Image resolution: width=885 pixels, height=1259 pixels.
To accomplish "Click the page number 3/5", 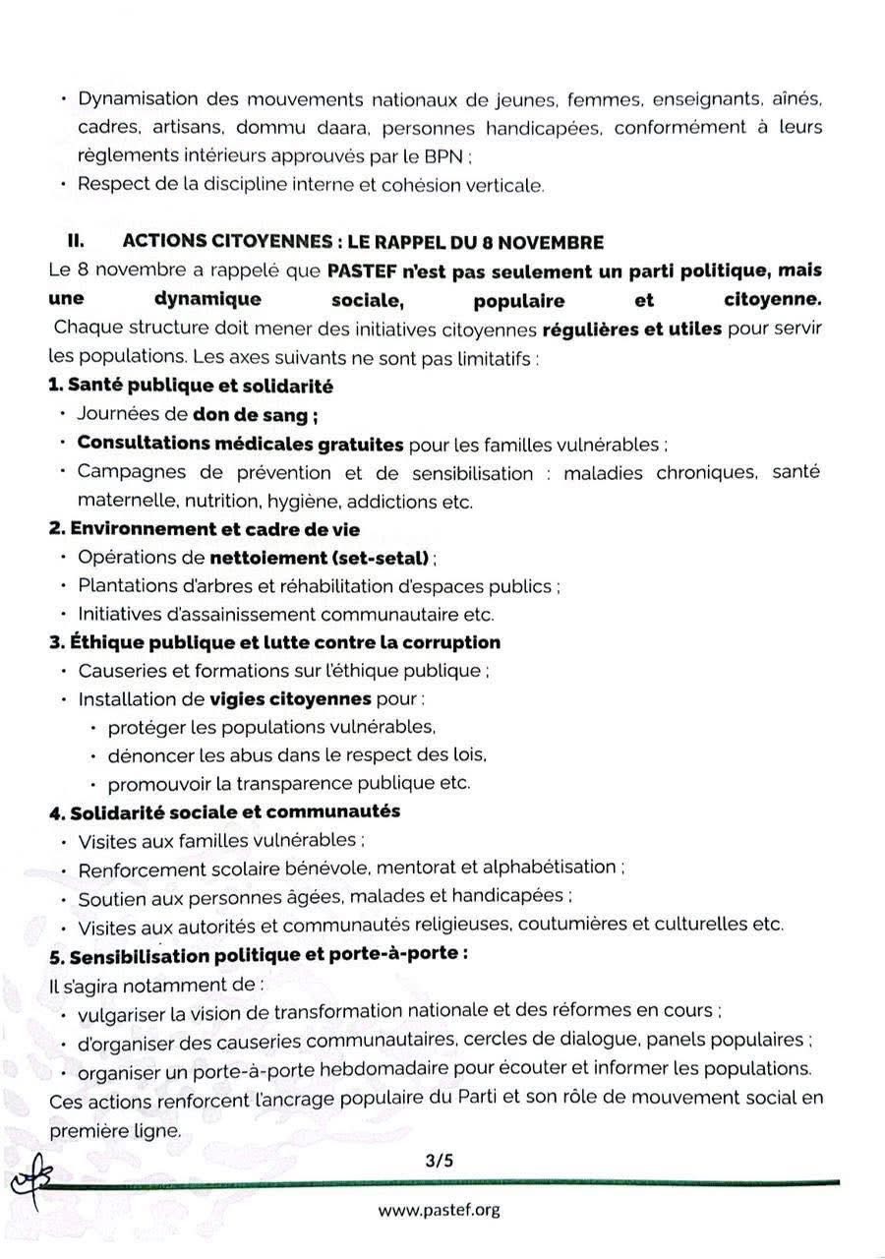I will (440, 1161).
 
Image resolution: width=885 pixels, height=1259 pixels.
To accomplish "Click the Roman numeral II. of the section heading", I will (76, 242).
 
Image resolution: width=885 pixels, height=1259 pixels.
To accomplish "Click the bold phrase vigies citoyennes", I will (291, 699).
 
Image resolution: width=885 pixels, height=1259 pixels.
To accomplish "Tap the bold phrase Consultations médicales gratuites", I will (241, 445).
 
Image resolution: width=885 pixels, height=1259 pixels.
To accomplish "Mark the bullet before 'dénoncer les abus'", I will (92, 756).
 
